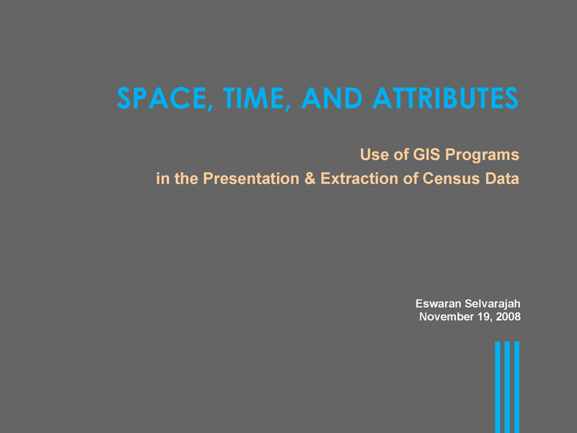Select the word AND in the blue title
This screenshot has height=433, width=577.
coord(332,98)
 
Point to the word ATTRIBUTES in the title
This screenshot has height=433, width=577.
coord(445,98)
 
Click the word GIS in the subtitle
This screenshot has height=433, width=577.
coord(426,154)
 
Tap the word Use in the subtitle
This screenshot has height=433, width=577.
coord(374,154)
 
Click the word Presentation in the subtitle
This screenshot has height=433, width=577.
coord(251,178)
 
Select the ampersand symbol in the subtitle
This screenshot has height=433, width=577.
coord(310,178)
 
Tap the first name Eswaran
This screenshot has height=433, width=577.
coord(439,303)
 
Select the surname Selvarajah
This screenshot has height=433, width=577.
coord(493,304)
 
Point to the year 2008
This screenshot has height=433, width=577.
coord(508,317)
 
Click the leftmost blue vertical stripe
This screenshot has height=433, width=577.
coord(498,388)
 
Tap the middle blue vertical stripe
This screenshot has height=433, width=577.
coord(507,388)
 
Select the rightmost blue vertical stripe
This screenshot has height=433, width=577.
coord(516,388)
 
